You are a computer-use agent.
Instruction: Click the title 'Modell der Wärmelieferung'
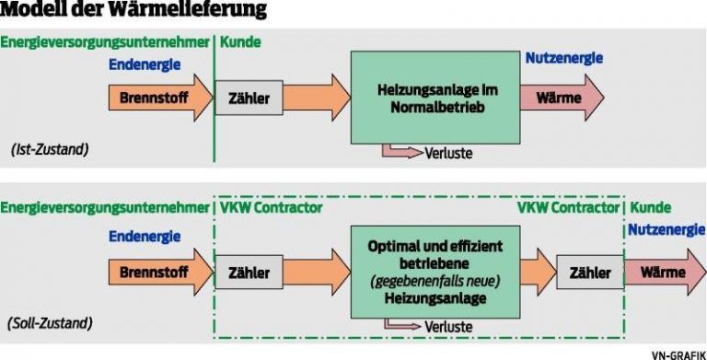pos(135,12)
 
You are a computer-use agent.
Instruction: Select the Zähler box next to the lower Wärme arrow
pos(590,273)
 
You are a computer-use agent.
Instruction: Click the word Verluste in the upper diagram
pos(449,153)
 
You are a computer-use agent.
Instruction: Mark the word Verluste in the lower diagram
pos(449,327)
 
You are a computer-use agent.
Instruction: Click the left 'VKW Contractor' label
pos(271,208)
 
